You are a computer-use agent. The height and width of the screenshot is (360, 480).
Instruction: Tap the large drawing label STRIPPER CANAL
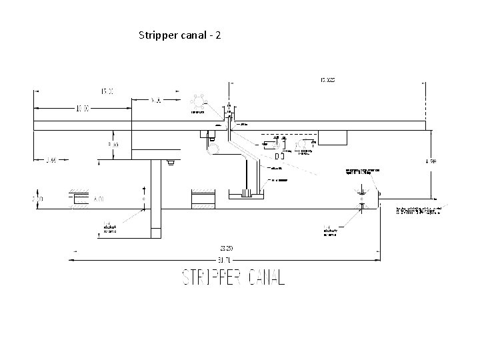click(233, 278)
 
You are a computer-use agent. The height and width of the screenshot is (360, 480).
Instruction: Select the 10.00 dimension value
click(83, 108)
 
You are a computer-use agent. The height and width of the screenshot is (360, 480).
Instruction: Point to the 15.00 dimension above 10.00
click(107, 90)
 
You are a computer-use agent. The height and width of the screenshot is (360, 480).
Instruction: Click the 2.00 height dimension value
click(38, 199)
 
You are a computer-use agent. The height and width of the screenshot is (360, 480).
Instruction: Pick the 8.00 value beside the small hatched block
click(99, 199)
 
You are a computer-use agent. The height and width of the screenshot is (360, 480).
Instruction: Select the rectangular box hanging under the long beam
click(333, 137)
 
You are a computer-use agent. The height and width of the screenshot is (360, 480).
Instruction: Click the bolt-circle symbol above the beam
click(198, 102)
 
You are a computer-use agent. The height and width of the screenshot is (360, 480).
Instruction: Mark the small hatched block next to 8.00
click(79, 199)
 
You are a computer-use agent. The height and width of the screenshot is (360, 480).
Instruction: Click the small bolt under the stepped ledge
click(171, 161)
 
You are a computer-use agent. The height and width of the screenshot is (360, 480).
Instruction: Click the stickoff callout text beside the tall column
click(109, 228)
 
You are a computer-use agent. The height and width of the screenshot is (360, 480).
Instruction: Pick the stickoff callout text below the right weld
click(330, 230)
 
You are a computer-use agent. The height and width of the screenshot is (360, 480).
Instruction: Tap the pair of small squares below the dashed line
click(279, 157)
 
